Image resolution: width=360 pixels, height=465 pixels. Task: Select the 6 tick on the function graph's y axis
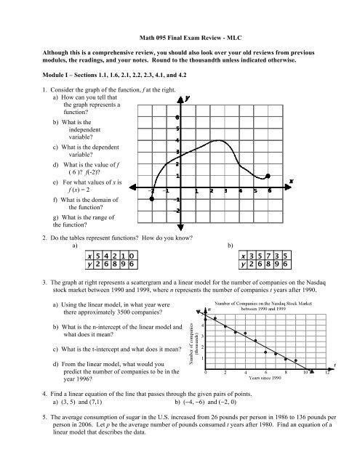pos(177,118)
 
